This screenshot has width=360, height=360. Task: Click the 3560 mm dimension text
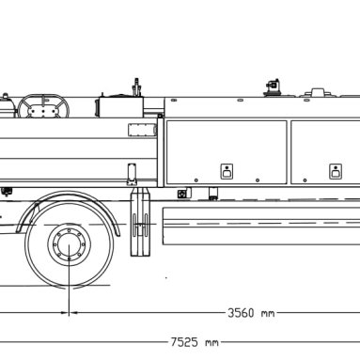tap(251, 313)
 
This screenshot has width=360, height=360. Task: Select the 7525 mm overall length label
tap(195, 342)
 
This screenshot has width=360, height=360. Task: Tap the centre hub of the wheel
tap(69, 243)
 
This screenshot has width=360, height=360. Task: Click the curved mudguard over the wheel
tap(69, 195)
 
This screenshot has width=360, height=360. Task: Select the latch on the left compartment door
tap(227, 171)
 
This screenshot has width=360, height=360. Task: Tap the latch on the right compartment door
tap(336, 171)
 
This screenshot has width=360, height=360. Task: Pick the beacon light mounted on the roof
tap(273, 87)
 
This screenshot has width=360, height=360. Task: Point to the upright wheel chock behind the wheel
tap(140, 222)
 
